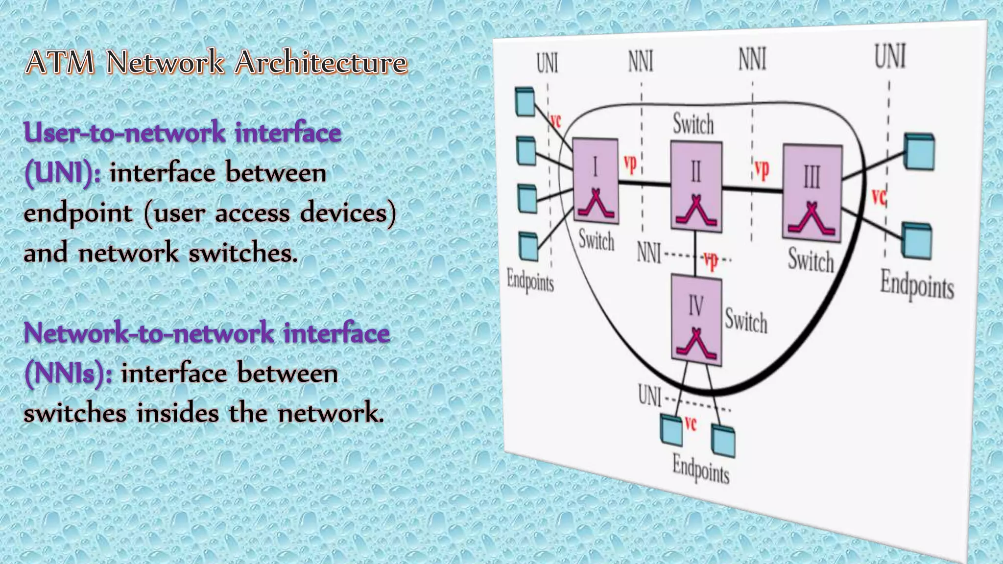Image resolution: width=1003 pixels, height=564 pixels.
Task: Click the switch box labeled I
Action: (595, 181)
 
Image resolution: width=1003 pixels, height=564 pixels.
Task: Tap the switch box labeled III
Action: (812, 192)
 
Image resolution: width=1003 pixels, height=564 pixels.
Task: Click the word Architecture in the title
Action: (321, 63)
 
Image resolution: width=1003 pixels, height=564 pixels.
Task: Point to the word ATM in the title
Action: (60, 63)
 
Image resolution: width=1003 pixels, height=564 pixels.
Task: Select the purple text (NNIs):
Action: (68, 374)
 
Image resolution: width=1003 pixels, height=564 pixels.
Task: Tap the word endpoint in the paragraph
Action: (78, 213)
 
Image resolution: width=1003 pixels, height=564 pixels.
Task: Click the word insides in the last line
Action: (177, 413)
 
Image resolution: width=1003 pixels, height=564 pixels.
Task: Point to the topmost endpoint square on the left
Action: (525, 101)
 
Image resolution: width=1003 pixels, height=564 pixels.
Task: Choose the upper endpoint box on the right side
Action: (919, 151)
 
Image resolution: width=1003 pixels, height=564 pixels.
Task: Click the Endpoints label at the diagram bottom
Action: (700, 468)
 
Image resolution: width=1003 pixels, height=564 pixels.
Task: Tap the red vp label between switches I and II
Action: (630, 164)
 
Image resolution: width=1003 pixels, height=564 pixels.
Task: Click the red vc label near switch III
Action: (879, 197)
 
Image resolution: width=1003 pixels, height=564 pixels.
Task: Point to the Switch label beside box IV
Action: (746, 321)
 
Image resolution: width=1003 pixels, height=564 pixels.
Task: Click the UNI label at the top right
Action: (890, 56)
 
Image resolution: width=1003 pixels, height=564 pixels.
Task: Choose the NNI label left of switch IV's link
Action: (649, 253)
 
